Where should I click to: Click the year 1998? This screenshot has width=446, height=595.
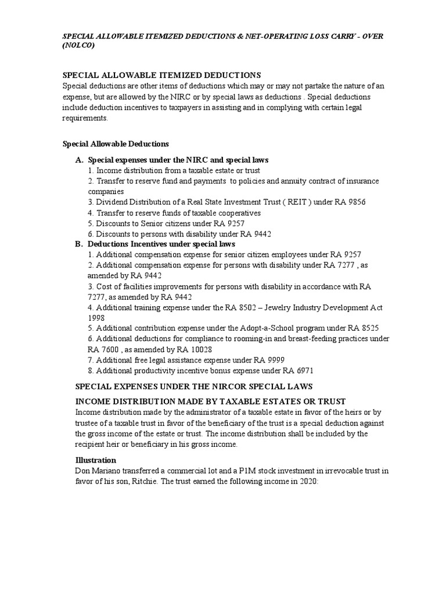97,318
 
